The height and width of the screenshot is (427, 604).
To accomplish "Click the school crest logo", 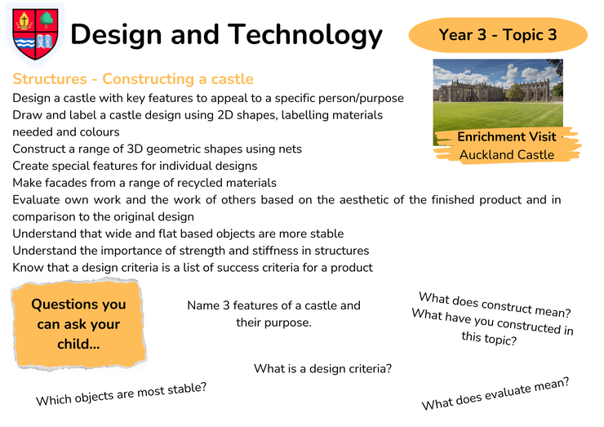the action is [x=35, y=34].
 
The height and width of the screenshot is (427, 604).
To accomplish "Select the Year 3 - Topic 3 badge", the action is [x=498, y=34].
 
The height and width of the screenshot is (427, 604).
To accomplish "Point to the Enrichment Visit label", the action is [x=507, y=137].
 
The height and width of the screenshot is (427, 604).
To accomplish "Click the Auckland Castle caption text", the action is [x=507, y=155].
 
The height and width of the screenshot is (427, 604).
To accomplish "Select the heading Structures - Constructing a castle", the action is [x=133, y=79].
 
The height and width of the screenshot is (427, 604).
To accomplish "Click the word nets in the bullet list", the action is [x=291, y=149].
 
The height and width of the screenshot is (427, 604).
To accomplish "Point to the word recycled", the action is [x=198, y=183].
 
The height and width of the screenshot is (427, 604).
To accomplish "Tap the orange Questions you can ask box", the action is [x=79, y=323].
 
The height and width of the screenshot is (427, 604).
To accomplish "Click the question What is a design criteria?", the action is [x=322, y=369].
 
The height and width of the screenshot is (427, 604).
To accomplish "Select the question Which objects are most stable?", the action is [x=122, y=394].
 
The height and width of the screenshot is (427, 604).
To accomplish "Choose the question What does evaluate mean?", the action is [x=495, y=394].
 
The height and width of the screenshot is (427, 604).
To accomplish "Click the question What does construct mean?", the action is [x=495, y=305].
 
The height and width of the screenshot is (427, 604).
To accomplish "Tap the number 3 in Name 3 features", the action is [x=226, y=305].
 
